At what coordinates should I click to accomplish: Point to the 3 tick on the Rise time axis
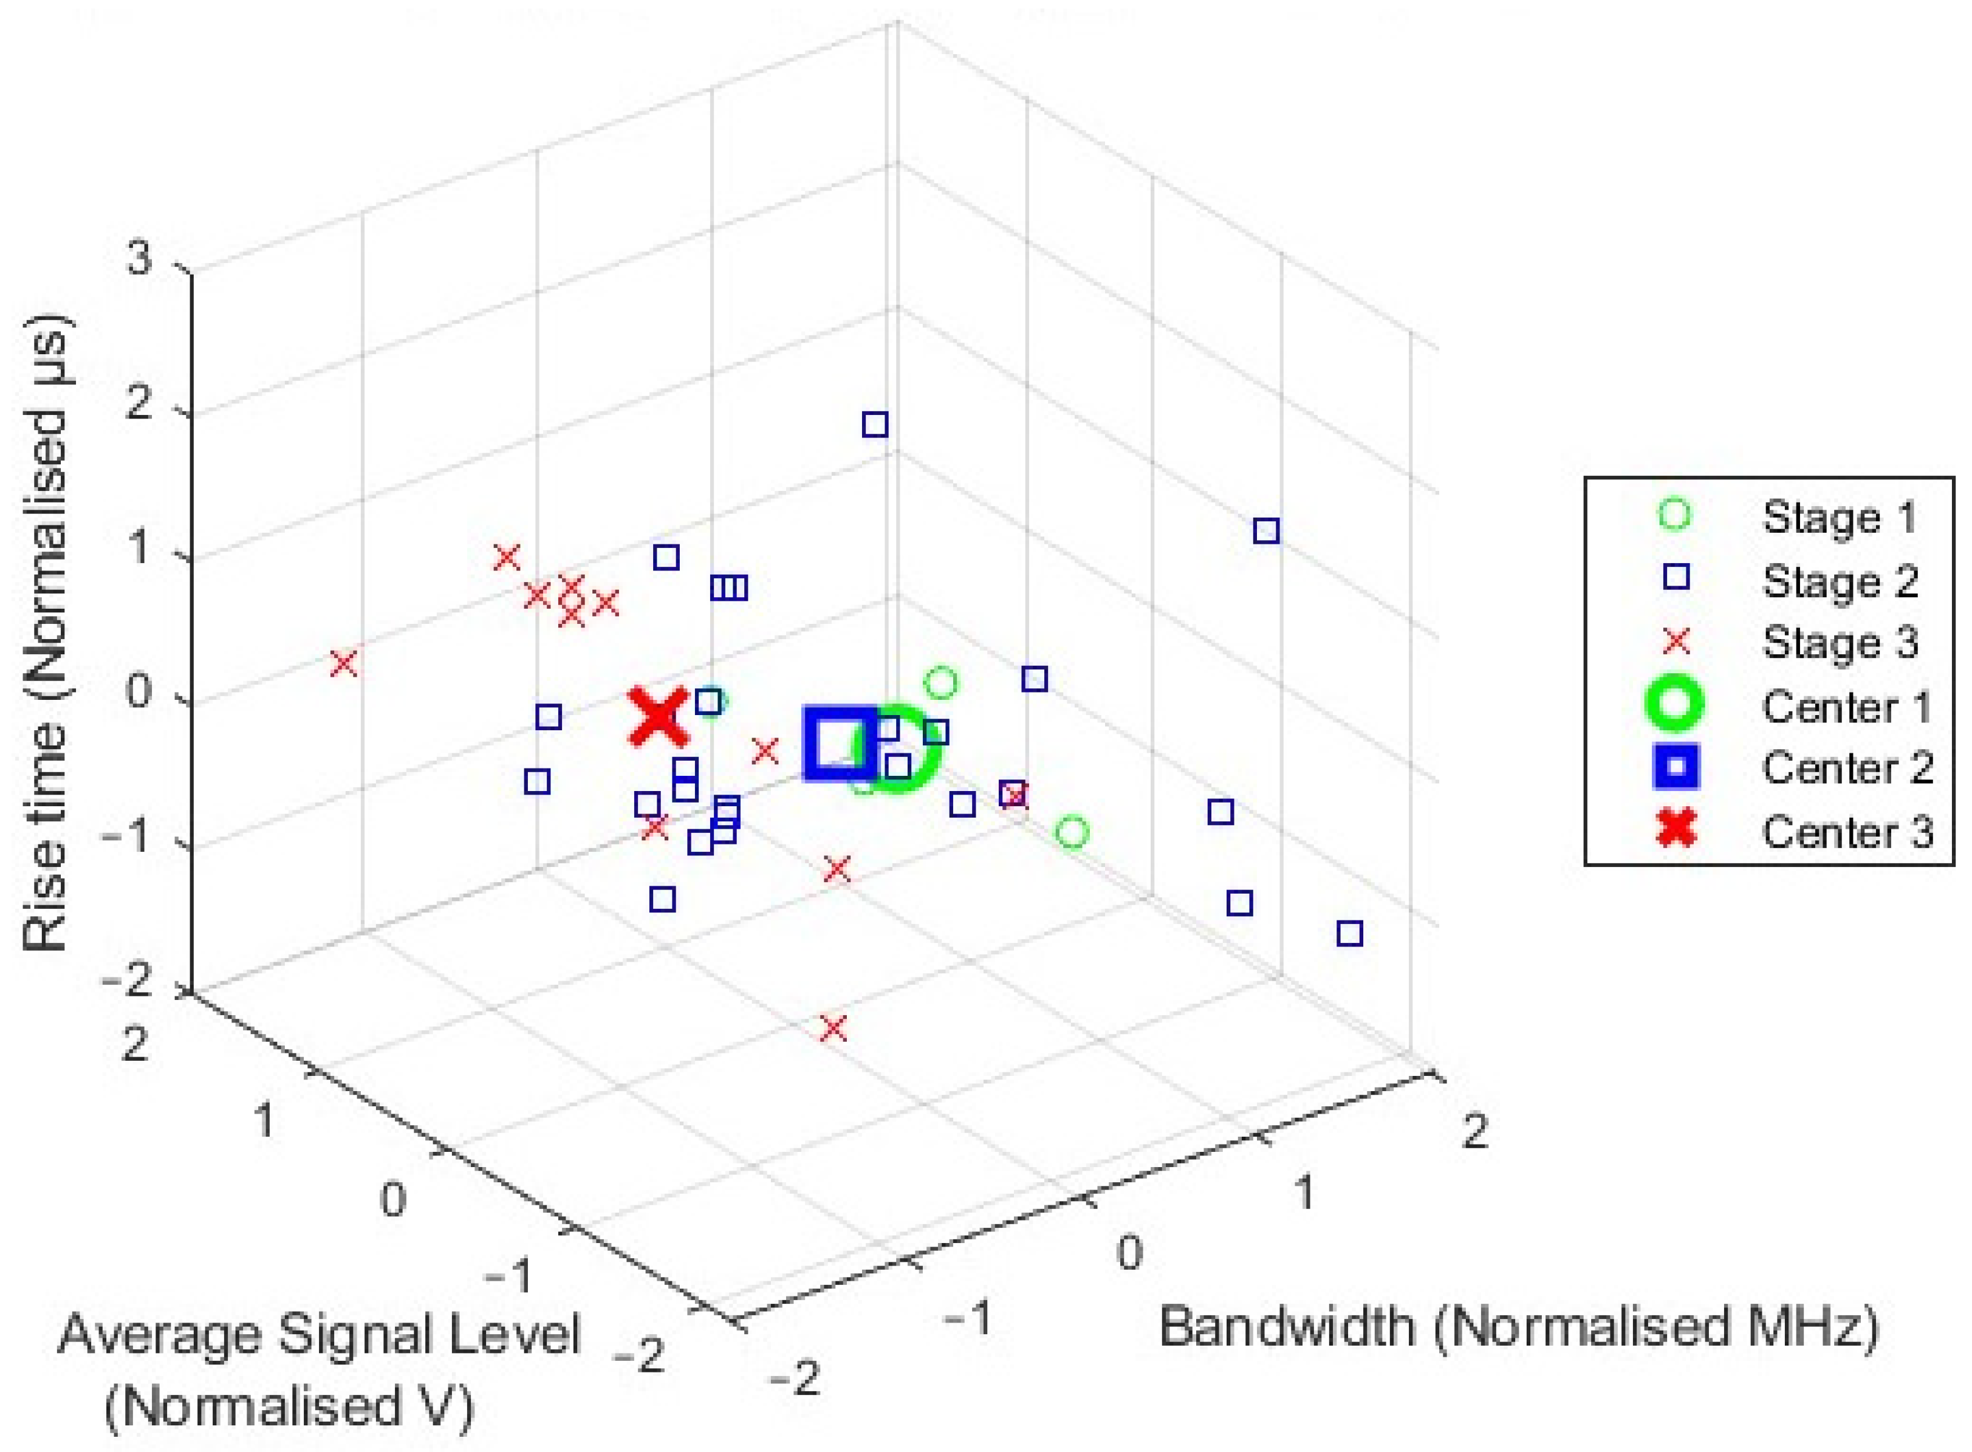140,261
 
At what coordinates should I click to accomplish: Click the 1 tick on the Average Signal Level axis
264,1121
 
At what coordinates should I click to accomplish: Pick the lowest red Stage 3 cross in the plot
833,1027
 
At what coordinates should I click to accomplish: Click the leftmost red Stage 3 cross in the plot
344,663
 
